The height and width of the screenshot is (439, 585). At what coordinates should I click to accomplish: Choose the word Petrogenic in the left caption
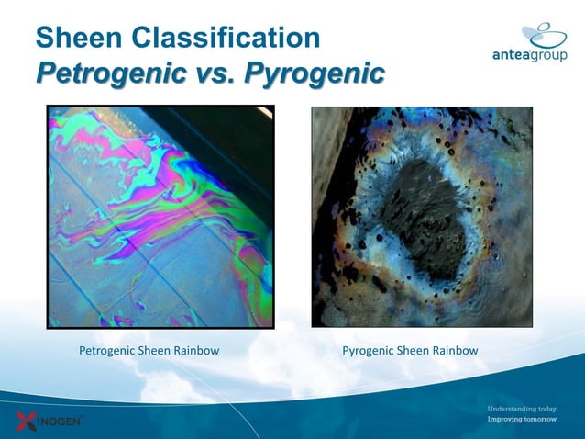tap(108, 351)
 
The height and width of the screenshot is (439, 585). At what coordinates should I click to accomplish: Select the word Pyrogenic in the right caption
tap(369, 351)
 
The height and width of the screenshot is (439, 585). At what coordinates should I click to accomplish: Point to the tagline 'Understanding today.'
tap(522, 408)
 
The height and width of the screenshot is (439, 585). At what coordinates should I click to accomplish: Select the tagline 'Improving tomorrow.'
tap(522, 419)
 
